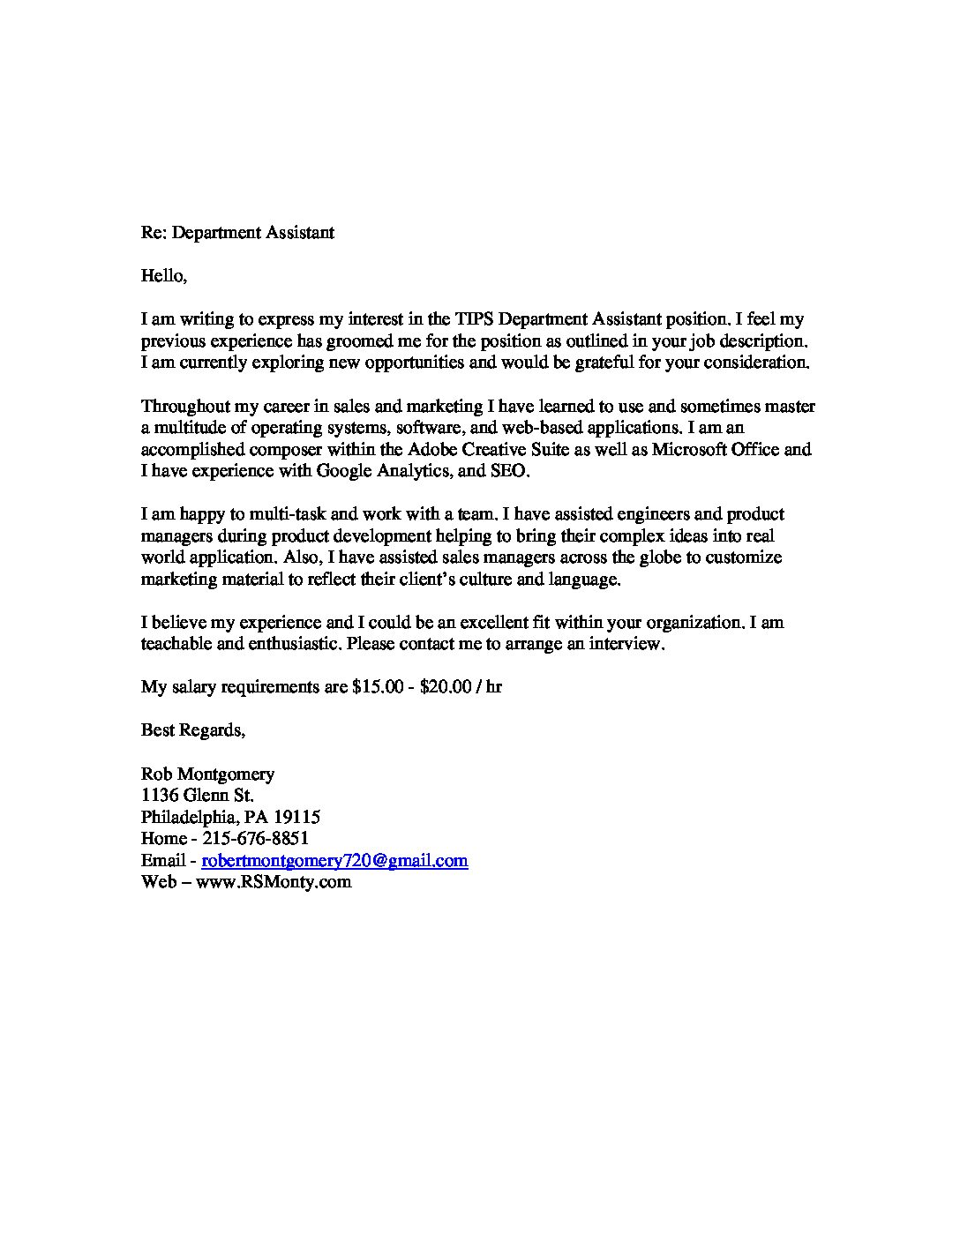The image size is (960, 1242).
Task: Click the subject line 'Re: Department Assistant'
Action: tap(237, 233)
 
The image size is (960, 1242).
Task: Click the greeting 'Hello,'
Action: tap(164, 276)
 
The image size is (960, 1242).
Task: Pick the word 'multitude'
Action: tap(187, 428)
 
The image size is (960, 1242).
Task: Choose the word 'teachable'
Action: tap(176, 644)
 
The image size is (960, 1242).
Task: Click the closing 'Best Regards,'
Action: tap(193, 729)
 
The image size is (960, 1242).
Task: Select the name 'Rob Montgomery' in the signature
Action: tap(207, 774)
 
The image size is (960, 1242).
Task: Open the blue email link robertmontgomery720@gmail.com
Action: tap(334, 860)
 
